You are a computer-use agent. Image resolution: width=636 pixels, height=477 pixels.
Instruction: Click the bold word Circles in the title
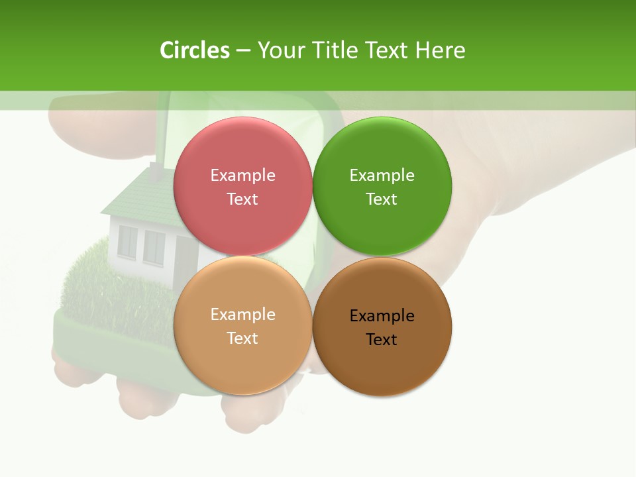tap(194, 50)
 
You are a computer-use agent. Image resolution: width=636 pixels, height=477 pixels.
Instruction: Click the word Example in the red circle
tap(242, 176)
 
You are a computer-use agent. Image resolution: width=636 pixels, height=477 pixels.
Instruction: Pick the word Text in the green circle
tap(382, 199)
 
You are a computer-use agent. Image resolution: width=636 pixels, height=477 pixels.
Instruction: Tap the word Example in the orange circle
tap(242, 315)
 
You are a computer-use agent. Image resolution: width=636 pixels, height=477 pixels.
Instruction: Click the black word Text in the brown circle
tap(382, 340)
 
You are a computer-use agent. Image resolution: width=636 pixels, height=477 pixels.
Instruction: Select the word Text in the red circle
tap(242, 199)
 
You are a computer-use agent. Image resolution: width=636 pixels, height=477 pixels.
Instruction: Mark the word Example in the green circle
tap(382, 176)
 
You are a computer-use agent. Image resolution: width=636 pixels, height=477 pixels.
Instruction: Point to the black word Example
tap(382, 316)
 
